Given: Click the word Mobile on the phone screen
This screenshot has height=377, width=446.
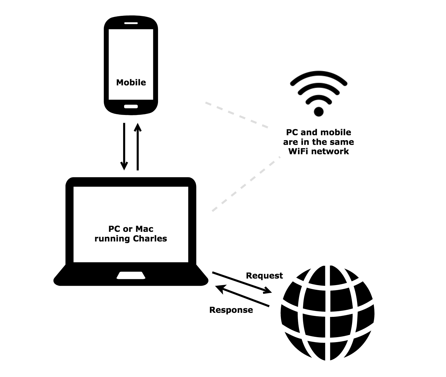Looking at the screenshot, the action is (x=131, y=82).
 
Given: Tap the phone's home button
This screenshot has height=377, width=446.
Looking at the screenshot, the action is (x=131, y=107).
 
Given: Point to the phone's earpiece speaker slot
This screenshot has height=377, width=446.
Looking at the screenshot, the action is (x=131, y=23).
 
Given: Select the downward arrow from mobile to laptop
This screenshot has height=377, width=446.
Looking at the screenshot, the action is (x=124, y=146).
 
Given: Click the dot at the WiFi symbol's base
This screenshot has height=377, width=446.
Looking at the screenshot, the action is (x=319, y=111).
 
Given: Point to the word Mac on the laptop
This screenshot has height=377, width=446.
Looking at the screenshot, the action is (x=144, y=229).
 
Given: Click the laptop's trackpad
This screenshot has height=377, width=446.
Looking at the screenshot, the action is (x=131, y=275).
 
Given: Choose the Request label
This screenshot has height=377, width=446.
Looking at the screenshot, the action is (x=264, y=276).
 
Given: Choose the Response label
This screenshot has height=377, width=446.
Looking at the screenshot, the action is (x=231, y=310).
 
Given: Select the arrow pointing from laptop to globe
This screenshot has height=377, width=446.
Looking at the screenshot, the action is (x=241, y=283).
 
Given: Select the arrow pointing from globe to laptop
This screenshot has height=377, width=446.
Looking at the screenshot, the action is (x=243, y=297).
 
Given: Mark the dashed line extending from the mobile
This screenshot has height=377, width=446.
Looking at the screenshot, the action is (x=236, y=115).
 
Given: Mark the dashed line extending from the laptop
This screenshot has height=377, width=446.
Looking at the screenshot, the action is (x=246, y=184).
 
